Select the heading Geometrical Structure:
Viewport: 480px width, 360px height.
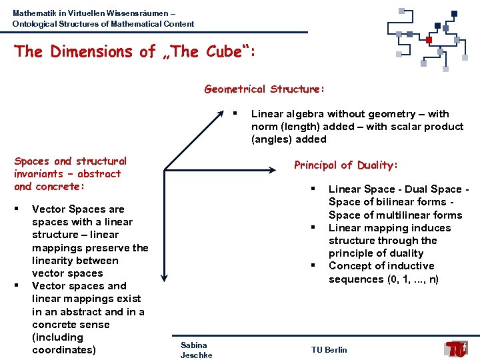tap(264, 89)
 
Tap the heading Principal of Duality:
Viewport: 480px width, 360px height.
tap(345, 165)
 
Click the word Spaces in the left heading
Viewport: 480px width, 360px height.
tap(32, 161)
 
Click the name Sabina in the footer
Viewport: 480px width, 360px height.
tap(193, 345)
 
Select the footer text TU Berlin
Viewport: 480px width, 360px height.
tap(329, 350)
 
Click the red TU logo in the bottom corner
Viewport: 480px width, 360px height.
tap(457, 348)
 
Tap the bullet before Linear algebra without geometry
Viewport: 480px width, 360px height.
tap(235, 112)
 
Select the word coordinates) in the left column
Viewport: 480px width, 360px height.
tap(64, 350)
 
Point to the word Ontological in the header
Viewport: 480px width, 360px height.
tap(33, 24)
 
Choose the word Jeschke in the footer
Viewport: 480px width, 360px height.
tap(196, 355)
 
